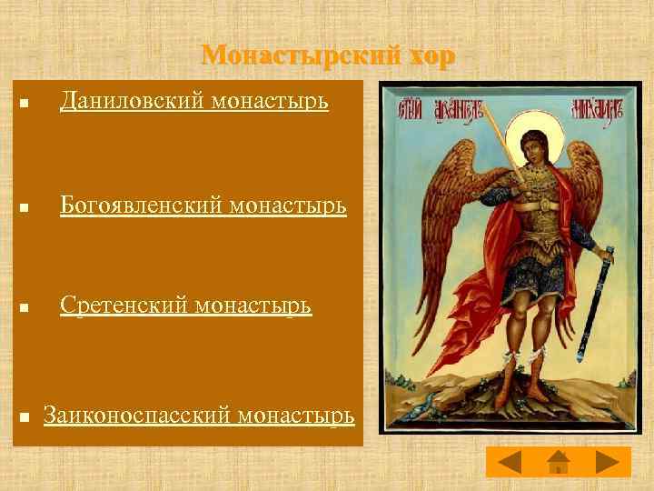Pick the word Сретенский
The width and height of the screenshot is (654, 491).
pos(124,306)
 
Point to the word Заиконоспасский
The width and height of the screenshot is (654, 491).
pos(136,416)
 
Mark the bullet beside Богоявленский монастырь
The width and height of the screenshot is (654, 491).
pos(25,210)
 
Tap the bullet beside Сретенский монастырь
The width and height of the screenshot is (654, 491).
pos(25,309)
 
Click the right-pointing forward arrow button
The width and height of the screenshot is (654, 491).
pos(607,462)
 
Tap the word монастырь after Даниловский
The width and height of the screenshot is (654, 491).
pos(270,101)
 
